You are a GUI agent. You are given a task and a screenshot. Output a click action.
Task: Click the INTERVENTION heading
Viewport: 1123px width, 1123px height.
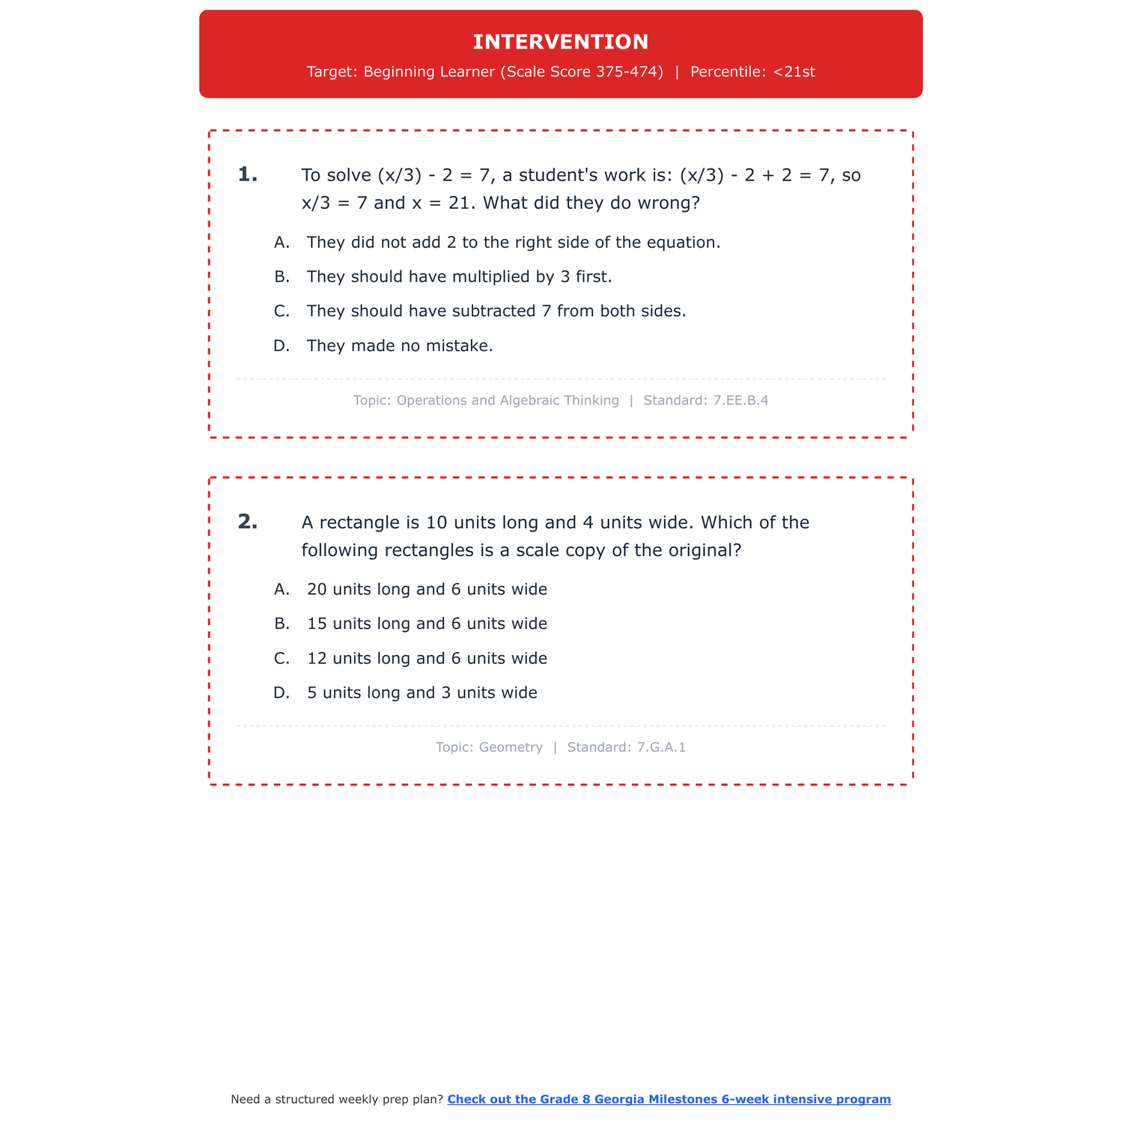click(561, 42)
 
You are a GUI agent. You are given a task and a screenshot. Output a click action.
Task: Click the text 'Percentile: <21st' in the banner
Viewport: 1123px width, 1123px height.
click(752, 72)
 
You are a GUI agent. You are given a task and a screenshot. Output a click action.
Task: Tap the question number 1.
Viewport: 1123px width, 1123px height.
click(248, 175)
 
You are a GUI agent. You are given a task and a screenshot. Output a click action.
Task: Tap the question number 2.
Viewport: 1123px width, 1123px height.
click(248, 522)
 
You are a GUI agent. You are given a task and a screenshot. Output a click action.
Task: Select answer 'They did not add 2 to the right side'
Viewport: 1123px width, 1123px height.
click(513, 243)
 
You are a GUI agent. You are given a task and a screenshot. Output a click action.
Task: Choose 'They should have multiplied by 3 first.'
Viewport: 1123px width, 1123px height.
click(459, 277)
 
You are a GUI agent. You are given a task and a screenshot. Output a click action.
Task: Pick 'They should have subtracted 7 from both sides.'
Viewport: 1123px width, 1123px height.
click(496, 311)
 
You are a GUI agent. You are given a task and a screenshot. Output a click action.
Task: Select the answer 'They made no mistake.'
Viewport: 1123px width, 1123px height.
click(400, 346)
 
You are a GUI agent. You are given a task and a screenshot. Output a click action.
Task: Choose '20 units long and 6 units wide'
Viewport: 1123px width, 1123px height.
click(427, 589)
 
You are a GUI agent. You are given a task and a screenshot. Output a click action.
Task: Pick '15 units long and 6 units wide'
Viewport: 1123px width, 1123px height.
click(427, 624)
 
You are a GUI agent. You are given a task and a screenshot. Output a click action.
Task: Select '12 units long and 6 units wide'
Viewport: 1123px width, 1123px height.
click(427, 658)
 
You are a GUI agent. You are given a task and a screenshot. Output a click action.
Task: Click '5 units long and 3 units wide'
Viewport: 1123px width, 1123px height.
click(421, 693)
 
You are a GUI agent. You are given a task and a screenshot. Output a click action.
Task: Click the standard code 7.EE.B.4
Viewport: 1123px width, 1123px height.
click(740, 401)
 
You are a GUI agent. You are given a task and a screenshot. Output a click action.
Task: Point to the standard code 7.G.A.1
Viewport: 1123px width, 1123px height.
click(660, 747)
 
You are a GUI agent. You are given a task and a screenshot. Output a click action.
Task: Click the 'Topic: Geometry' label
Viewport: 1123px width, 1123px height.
click(489, 747)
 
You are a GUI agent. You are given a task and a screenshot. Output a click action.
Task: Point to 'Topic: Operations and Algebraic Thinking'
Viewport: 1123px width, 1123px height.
click(486, 401)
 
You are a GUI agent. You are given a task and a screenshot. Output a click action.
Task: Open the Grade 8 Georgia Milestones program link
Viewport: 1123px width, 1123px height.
click(669, 1099)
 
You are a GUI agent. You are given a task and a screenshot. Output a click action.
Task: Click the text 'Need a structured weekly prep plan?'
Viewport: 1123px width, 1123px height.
click(337, 1099)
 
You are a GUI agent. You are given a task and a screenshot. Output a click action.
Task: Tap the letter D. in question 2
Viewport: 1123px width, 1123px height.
click(281, 693)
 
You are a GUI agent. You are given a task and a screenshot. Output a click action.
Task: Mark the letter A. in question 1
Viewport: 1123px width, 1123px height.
click(281, 243)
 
